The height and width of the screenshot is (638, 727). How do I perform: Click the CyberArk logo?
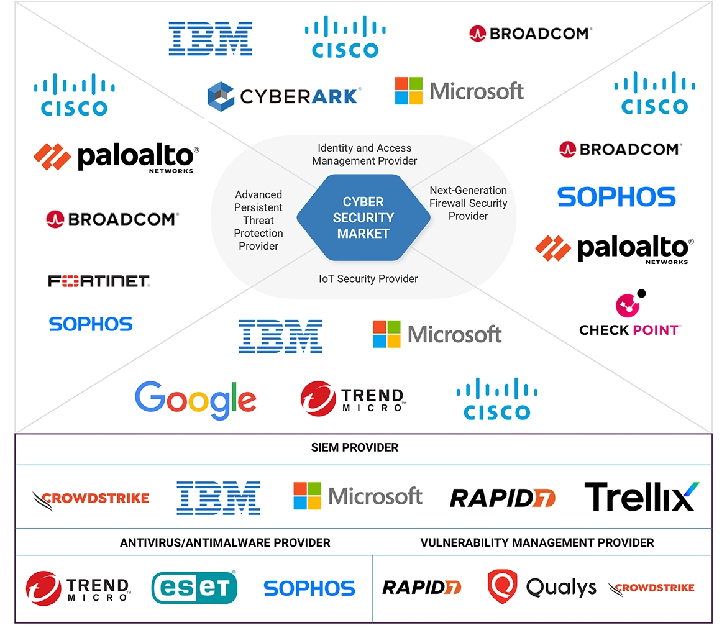click(x=284, y=95)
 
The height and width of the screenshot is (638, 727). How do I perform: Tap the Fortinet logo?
click(x=99, y=281)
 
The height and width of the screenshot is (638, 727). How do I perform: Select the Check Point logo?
click(x=630, y=314)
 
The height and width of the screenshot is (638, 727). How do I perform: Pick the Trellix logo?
click(x=641, y=496)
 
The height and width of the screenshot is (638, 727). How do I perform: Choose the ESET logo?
click(x=194, y=587)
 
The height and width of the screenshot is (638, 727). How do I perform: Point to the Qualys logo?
click(x=541, y=587)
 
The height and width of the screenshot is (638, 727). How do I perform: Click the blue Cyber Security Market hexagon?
click(x=363, y=218)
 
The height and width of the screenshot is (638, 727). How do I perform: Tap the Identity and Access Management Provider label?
click(x=364, y=154)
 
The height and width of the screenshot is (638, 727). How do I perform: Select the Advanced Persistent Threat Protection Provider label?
click(x=258, y=220)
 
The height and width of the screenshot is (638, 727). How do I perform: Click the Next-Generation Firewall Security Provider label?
click(x=469, y=203)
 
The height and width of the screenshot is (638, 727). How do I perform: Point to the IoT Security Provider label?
click(x=368, y=278)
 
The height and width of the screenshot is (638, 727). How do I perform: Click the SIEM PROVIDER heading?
click(x=355, y=447)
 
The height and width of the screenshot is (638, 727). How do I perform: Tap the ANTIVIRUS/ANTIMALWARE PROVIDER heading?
click(x=225, y=543)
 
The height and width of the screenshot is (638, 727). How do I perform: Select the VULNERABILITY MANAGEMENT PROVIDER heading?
click(x=537, y=543)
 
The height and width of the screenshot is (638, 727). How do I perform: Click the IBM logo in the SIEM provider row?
click(x=218, y=497)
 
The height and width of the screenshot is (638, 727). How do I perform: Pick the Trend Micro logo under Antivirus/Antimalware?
click(x=78, y=588)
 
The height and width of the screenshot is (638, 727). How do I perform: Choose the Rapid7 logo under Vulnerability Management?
click(x=421, y=587)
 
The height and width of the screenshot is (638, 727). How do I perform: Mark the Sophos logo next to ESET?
click(x=309, y=588)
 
